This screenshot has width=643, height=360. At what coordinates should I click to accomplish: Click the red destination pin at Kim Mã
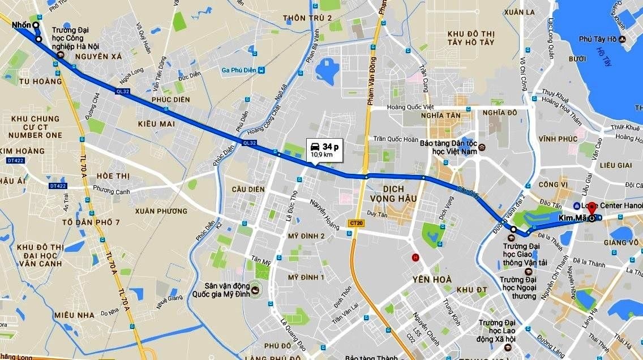(x=591, y=208)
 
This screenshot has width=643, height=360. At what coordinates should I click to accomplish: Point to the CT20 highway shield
(x=356, y=223)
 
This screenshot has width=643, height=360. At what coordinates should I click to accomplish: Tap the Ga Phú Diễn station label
(x=239, y=70)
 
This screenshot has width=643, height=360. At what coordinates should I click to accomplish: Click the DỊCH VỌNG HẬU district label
(x=393, y=193)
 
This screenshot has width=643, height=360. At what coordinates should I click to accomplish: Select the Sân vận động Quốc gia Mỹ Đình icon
(x=255, y=290)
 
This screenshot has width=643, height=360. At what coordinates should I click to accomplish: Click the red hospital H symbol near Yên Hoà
(x=415, y=258)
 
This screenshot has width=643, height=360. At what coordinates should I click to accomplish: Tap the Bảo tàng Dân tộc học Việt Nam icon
(x=482, y=148)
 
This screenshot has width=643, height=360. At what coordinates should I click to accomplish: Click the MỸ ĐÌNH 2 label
(x=306, y=235)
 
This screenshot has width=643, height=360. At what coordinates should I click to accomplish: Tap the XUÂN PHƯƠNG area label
(x=161, y=211)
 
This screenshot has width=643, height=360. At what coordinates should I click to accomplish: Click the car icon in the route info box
(x=314, y=147)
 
